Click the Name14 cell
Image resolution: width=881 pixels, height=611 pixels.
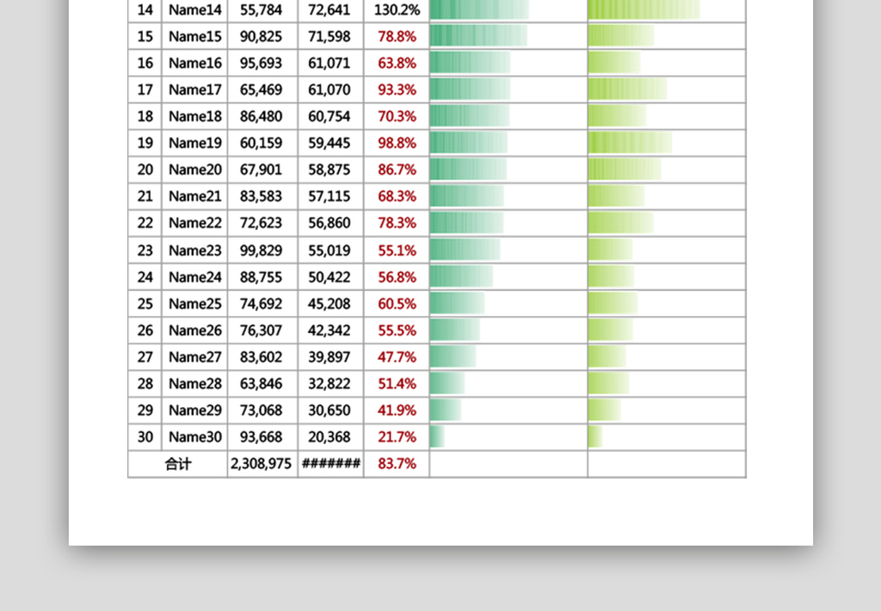[x=194, y=10]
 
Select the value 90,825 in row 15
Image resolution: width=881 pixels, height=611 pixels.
[x=262, y=36]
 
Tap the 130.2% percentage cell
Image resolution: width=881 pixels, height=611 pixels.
[x=397, y=10]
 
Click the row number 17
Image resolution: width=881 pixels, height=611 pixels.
[x=145, y=89]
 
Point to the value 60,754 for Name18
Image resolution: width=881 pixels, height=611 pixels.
[x=330, y=116]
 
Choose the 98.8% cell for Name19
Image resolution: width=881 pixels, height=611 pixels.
[x=397, y=143]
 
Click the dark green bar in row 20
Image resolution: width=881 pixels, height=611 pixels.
[x=468, y=170]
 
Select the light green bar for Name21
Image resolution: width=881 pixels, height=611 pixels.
[x=616, y=196]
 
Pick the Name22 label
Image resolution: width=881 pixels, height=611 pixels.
[x=194, y=223]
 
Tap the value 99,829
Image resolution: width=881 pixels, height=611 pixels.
[x=262, y=250]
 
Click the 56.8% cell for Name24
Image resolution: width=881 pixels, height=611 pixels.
[x=397, y=277]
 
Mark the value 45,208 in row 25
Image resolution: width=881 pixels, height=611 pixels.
[x=330, y=304]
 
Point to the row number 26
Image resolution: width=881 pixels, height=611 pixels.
[x=145, y=330]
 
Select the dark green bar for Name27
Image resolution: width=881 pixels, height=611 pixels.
[x=453, y=357]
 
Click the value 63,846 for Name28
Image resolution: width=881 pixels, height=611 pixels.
[x=262, y=384]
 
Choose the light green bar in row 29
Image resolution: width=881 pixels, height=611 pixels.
[x=604, y=410]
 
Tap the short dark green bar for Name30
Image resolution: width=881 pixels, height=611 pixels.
[x=437, y=437]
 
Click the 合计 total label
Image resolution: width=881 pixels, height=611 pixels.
[x=178, y=464]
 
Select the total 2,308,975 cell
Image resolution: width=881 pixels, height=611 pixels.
[x=262, y=464]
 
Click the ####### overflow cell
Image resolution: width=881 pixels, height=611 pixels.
[x=330, y=464]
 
